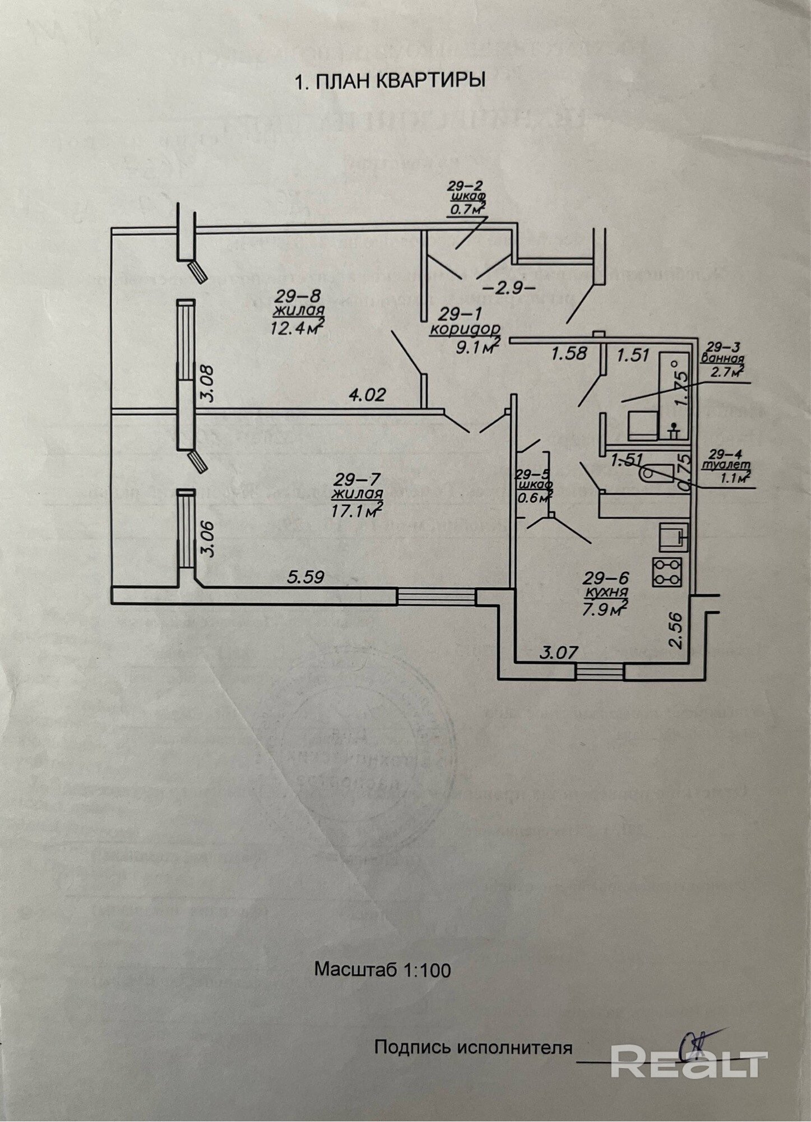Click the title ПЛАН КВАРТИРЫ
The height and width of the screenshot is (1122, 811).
point(390,81)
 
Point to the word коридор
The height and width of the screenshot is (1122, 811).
point(465,329)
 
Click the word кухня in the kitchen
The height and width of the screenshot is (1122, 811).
point(605,592)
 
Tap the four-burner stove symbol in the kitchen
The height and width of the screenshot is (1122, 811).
point(667,572)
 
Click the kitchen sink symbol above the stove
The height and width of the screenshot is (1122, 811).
point(673,535)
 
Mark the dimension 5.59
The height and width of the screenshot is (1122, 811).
point(305,576)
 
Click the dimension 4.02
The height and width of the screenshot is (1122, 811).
point(367,395)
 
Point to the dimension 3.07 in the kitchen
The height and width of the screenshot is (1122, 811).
point(559,652)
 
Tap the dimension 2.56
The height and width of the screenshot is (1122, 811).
point(676,630)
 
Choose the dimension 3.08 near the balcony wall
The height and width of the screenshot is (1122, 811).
point(207,384)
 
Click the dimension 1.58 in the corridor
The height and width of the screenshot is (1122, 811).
point(569,354)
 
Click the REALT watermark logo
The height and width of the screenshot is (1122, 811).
point(688,1060)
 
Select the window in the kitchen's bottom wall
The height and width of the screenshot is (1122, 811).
point(600,671)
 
